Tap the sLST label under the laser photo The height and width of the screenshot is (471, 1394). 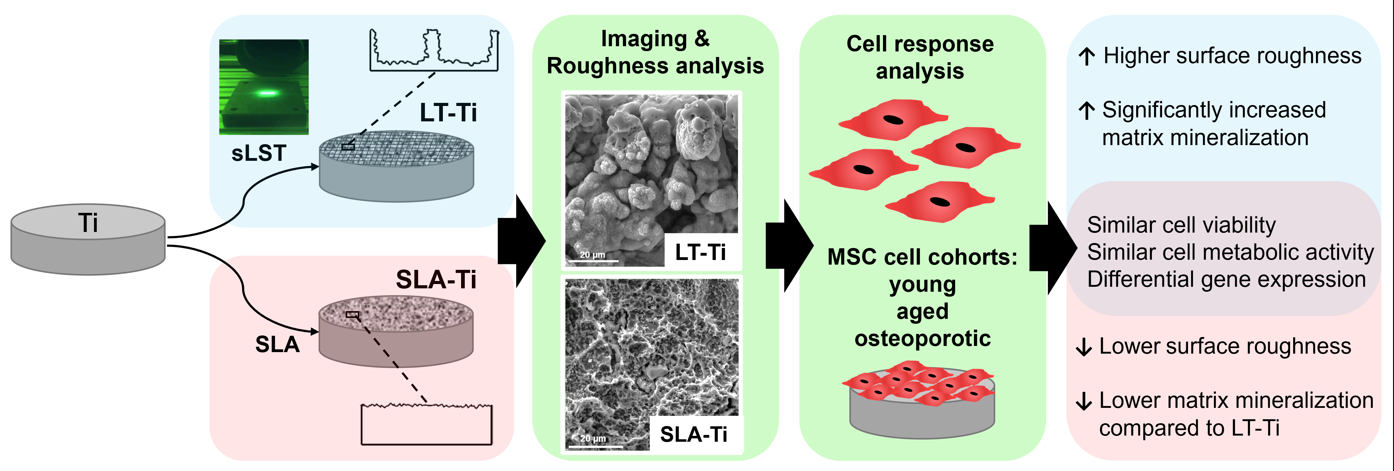tap(259, 153)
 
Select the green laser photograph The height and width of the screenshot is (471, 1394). tap(264, 87)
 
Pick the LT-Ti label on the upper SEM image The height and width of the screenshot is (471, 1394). tap(700, 252)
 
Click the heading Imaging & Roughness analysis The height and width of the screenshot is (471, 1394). tap(655, 52)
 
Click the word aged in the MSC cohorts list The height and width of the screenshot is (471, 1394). tap(922, 311)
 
